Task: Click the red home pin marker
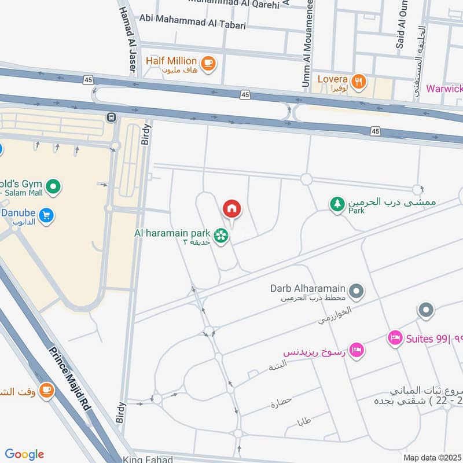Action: [231, 209]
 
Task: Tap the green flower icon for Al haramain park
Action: [220, 235]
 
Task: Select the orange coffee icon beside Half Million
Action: [208, 63]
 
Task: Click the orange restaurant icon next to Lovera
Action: [359, 82]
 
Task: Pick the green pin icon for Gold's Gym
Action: [53, 187]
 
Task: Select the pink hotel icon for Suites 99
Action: [395, 337]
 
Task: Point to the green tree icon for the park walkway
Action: [337, 204]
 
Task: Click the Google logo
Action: [24, 454]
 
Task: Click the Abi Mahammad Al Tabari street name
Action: [193, 25]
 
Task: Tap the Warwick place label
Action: [444, 89]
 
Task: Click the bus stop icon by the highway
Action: [111, 117]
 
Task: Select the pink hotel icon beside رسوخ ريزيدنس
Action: [357, 349]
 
